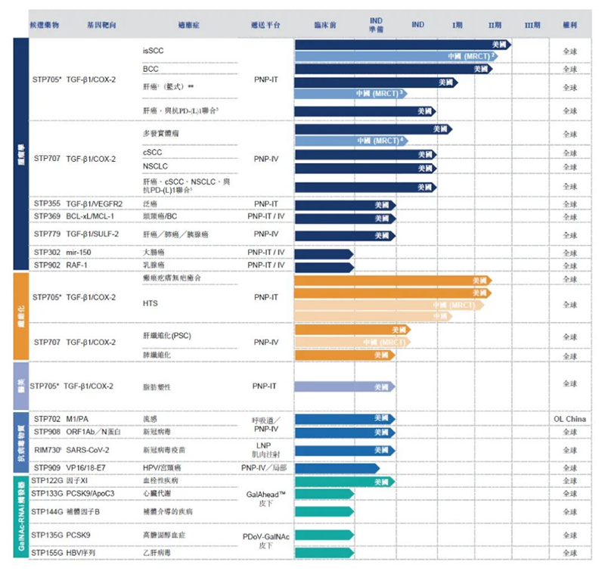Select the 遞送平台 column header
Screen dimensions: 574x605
(265, 25)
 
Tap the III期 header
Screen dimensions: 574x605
(532, 25)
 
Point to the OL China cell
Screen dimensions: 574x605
(569, 419)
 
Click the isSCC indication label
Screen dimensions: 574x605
(153, 51)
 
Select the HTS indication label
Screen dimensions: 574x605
(150, 304)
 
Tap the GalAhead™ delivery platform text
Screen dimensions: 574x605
(265, 495)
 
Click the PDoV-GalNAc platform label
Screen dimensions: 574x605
(265, 536)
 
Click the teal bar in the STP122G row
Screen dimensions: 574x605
(344, 482)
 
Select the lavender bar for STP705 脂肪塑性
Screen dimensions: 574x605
(344, 386)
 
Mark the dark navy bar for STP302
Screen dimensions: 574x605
(324, 253)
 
